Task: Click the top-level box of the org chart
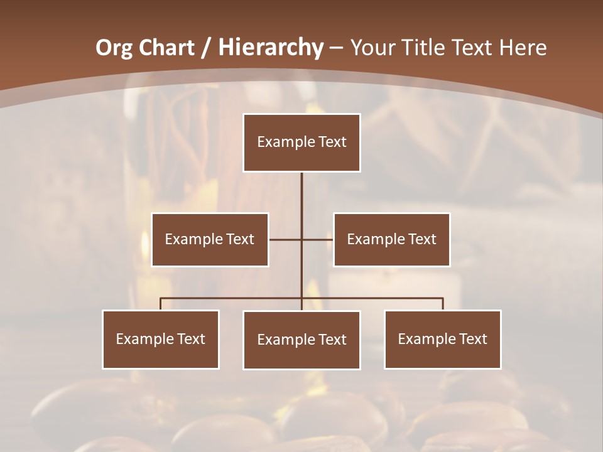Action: tap(301, 143)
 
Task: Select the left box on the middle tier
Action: tap(210, 239)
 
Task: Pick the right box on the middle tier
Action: tap(391, 239)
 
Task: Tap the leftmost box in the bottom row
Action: tap(161, 339)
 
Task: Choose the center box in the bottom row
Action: tap(301, 340)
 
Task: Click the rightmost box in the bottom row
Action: tap(443, 339)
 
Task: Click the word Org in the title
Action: tap(114, 48)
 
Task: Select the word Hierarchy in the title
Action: tap(271, 48)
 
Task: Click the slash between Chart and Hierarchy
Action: tap(206, 48)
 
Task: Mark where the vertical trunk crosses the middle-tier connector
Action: tap(301, 239)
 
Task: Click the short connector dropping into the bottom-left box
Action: tap(161, 304)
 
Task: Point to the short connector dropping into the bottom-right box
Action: tap(443, 304)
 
